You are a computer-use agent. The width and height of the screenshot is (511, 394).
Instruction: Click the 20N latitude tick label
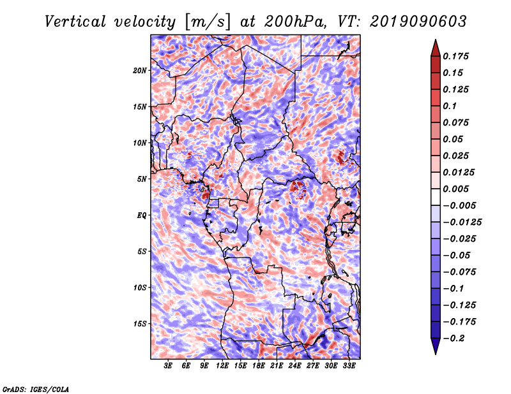(140, 71)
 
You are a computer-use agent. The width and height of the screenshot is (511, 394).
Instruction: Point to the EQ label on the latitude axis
(142, 215)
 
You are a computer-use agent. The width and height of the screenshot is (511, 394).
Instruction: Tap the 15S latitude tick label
(140, 324)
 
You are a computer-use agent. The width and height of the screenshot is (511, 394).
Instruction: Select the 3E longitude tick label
(168, 366)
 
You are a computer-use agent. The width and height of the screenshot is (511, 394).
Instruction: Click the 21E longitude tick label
(277, 366)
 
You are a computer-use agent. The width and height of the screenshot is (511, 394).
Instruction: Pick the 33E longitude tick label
(349, 366)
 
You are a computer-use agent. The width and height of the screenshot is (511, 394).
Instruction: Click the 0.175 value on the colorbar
(455, 56)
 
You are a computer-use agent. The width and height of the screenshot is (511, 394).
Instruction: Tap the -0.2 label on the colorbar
(454, 339)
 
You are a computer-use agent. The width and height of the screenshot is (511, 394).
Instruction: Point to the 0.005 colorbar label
(455, 189)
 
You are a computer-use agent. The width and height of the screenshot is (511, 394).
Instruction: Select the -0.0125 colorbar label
(462, 223)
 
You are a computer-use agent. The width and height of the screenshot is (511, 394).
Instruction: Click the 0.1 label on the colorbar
(450, 106)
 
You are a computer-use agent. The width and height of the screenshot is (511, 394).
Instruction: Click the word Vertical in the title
(75, 22)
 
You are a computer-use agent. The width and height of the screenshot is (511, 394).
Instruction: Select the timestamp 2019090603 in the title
(418, 22)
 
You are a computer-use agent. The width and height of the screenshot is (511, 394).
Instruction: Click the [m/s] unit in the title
(208, 22)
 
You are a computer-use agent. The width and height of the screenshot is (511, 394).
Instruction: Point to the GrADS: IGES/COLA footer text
(36, 390)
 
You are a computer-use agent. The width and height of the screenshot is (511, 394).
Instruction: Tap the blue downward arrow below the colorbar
(436, 346)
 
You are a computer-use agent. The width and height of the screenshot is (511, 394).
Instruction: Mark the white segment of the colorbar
(436, 197)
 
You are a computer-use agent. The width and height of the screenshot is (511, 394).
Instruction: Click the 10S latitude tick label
(140, 288)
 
